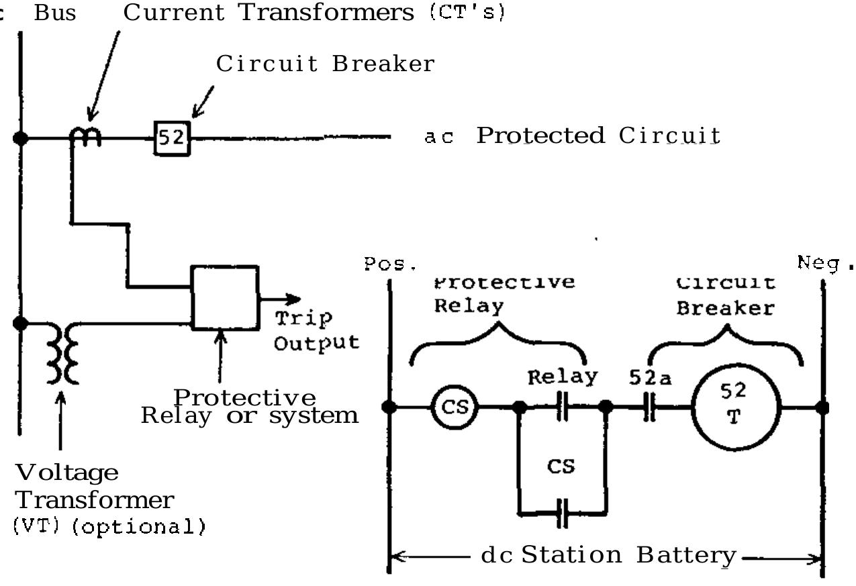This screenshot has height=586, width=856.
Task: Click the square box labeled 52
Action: click(173, 138)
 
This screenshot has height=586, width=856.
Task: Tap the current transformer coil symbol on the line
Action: click(86, 137)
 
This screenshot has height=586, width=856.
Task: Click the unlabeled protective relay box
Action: click(224, 297)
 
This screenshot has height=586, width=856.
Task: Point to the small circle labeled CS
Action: click(454, 407)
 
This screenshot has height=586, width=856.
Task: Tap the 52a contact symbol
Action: click(649, 407)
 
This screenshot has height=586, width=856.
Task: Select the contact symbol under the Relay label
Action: click(563, 407)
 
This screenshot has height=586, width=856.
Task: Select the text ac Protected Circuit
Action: click(572, 136)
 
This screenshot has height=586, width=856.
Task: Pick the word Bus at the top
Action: click(55, 13)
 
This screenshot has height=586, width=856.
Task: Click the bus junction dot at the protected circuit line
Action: click(21, 138)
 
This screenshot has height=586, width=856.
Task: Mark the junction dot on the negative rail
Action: click(822, 407)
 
